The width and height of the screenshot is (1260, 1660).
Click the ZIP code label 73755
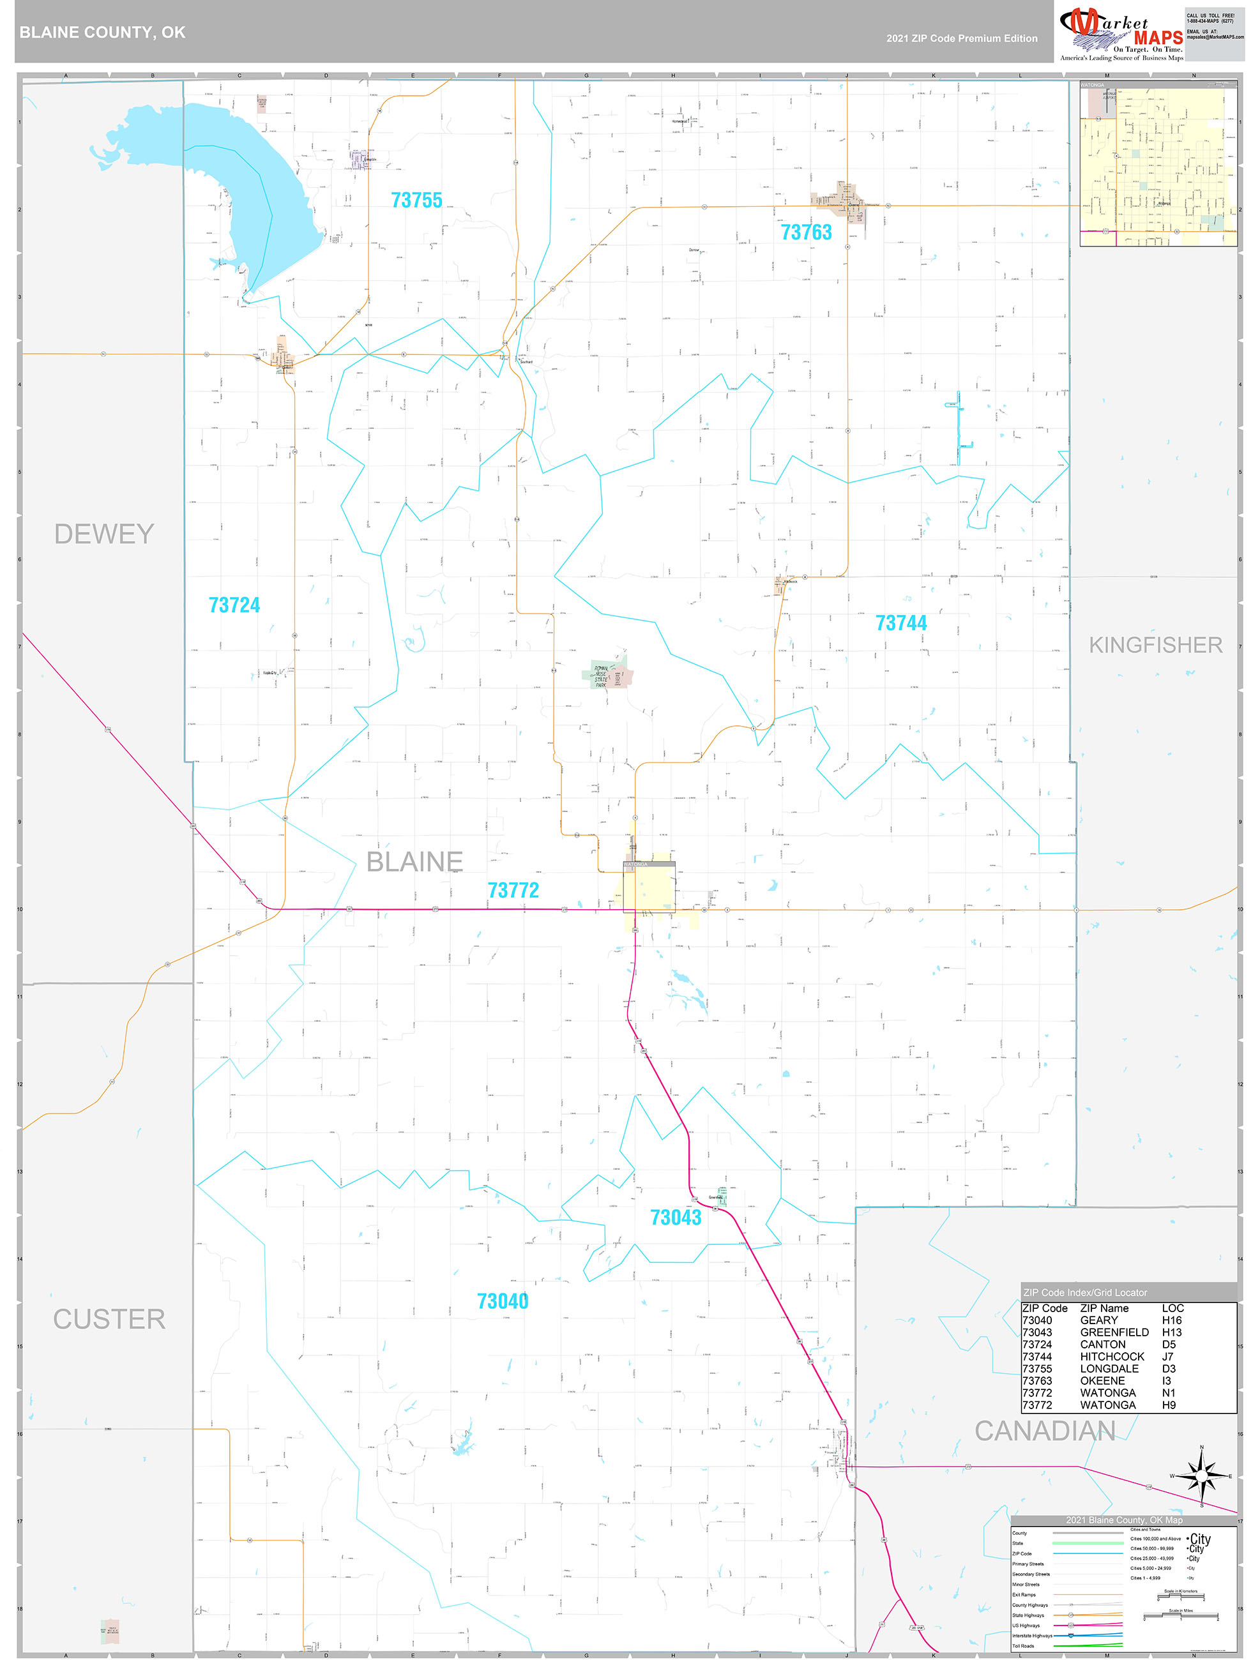coord(416,200)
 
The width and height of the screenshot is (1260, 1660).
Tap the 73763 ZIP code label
coord(806,232)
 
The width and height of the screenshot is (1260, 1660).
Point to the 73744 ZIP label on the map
coord(900,624)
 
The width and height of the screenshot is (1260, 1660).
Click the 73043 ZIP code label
coord(676,1218)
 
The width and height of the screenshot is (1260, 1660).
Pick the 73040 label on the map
coord(502,1301)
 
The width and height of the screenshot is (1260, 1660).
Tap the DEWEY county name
coord(104,534)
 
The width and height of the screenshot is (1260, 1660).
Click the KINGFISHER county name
coord(1155,645)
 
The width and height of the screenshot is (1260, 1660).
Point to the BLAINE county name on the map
coord(414,861)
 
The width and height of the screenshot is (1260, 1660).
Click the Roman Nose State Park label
coord(601,676)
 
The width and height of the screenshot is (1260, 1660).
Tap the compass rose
coord(1201,1475)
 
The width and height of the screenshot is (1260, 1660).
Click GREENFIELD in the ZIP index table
coord(1114,1332)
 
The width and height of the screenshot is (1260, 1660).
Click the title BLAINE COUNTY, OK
coord(102,33)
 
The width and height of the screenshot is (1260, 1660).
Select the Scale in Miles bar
coord(1180,1616)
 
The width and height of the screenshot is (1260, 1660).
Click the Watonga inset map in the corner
coord(1158,163)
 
